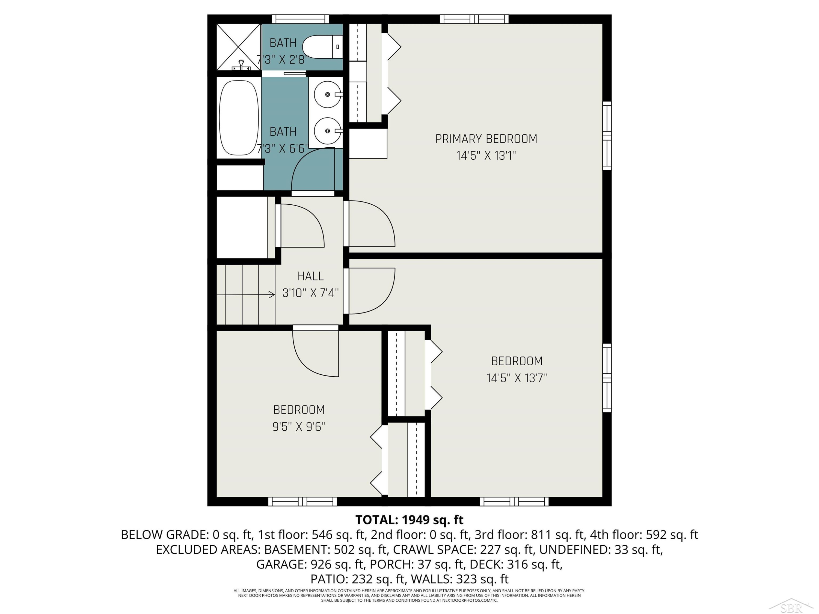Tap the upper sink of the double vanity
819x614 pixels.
(x=328, y=94)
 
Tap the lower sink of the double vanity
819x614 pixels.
(x=328, y=131)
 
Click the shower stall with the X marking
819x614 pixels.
(x=239, y=47)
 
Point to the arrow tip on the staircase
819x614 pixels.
(x=274, y=295)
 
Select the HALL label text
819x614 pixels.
(x=310, y=276)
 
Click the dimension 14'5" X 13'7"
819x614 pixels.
(x=517, y=378)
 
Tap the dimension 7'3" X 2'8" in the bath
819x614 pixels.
(x=283, y=59)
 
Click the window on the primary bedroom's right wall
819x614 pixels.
(x=607, y=136)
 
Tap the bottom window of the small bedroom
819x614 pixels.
(x=302, y=502)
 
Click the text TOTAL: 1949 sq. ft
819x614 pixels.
(x=409, y=520)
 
